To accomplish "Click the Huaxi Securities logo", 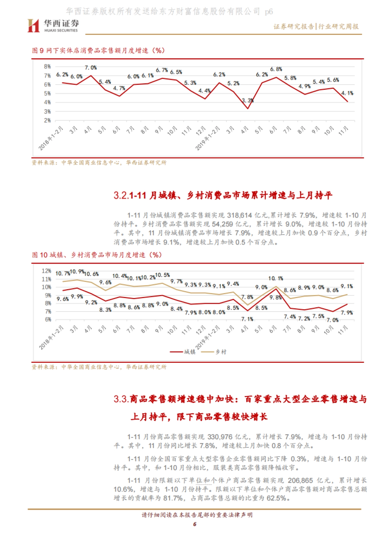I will pyautogui.click(x=53, y=26).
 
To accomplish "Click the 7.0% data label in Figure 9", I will pyautogui.click(x=91, y=68).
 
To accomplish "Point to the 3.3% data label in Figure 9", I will pyautogui.click(x=248, y=100).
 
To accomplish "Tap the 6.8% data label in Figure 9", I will pyautogui.click(x=276, y=69).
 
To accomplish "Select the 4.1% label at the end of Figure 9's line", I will pyautogui.click(x=347, y=93).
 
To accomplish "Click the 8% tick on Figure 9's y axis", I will pyautogui.click(x=47, y=67).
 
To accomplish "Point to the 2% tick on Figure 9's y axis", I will pyautogui.click(x=47, y=120).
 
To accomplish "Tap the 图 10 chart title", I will pyautogui.click(x=97, y=255).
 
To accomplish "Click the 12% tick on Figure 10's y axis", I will pyautogui.click(x=46, y=271).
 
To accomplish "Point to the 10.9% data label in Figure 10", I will pyautogui.click(x=77, y=271).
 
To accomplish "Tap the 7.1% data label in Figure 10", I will pyautogui.click(x=247, y=319).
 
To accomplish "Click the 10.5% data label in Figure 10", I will pyautogui.click(x=162, y=275).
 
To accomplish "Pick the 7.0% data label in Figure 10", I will pyautogui.click(x=332, y=320).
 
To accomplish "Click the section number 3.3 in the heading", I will pyautogui.click(x=121, y=399).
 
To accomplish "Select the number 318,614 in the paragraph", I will pyautogui.click(x=240, y=215).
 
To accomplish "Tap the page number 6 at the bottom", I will pyautogui.click(x=194, y=524).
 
